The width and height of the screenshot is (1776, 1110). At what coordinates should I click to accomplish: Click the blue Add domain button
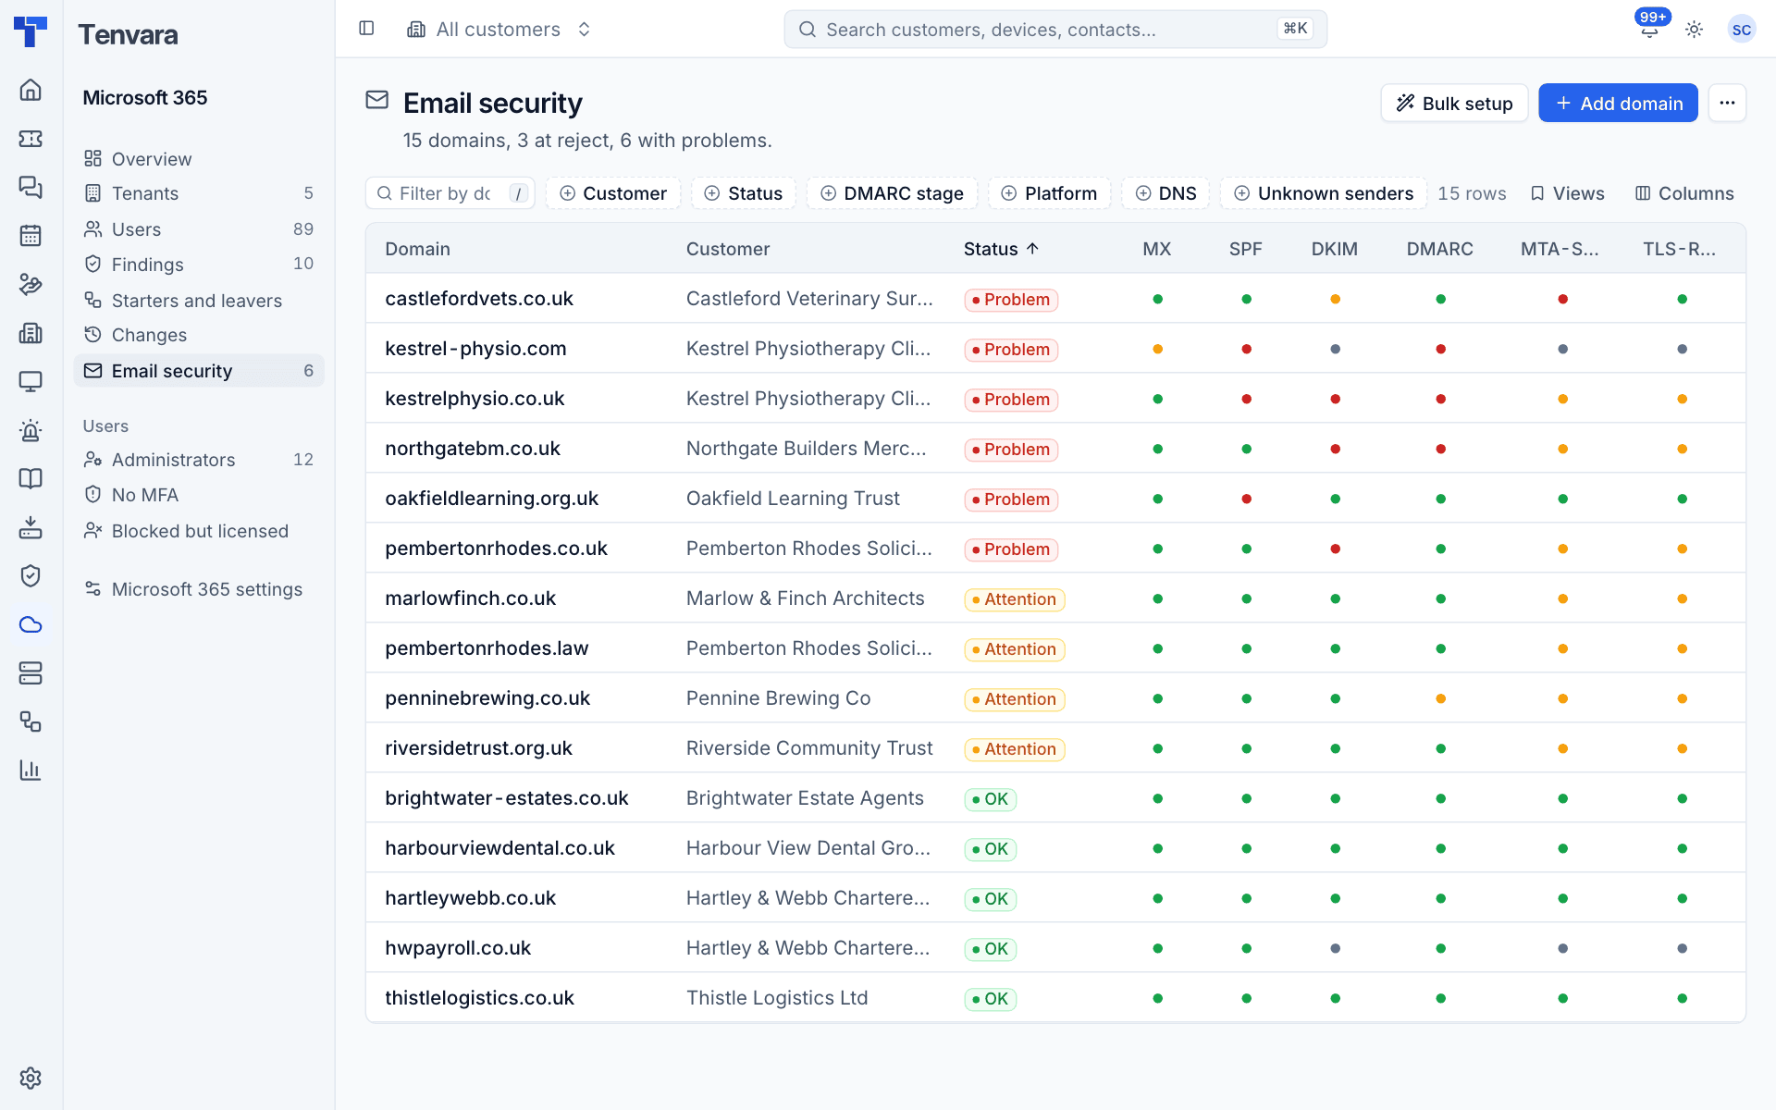click(1618, 103)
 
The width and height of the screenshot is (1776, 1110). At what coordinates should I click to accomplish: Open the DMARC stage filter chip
click(892, 193)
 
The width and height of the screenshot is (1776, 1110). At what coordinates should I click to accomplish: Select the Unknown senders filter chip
click(1323, 193)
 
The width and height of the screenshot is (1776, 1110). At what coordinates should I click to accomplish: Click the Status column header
click(1001, 249)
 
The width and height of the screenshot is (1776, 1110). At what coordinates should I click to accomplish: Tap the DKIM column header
click(1334, 249)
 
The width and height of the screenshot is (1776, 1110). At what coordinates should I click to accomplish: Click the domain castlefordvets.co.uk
click(479, 299)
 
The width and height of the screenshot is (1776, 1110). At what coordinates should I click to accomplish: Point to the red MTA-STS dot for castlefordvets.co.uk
click(1562, 299)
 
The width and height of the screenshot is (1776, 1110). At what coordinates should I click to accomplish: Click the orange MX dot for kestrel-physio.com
click(1157, 349)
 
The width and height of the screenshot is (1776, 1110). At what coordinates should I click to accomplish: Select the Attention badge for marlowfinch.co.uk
click(1015, 599)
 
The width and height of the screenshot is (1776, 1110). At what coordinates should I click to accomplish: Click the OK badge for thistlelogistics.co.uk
click(991, 999)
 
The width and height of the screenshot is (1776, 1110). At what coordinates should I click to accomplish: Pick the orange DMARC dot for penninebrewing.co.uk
click(1440, 698)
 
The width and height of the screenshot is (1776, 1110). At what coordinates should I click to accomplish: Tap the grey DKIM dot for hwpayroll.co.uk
click(1335, 948)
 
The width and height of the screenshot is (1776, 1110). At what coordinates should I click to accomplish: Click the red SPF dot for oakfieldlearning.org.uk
click(1246, 499)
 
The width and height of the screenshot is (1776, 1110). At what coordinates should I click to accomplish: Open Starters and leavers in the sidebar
click(196, 301)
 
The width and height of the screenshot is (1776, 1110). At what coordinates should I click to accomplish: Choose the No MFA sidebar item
click(145, 495)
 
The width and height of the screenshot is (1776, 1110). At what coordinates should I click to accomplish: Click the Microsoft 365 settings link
click(207, 589)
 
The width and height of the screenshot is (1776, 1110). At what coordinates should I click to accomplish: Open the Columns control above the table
click(1684, 193)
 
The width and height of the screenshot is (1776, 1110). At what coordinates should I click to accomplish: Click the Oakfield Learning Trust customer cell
click(793, 499)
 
